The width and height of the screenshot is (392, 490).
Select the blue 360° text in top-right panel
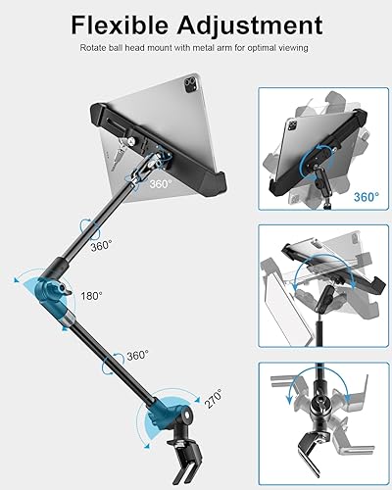tap(365, 197)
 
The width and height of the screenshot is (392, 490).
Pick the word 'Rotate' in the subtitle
tap(95, 46)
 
